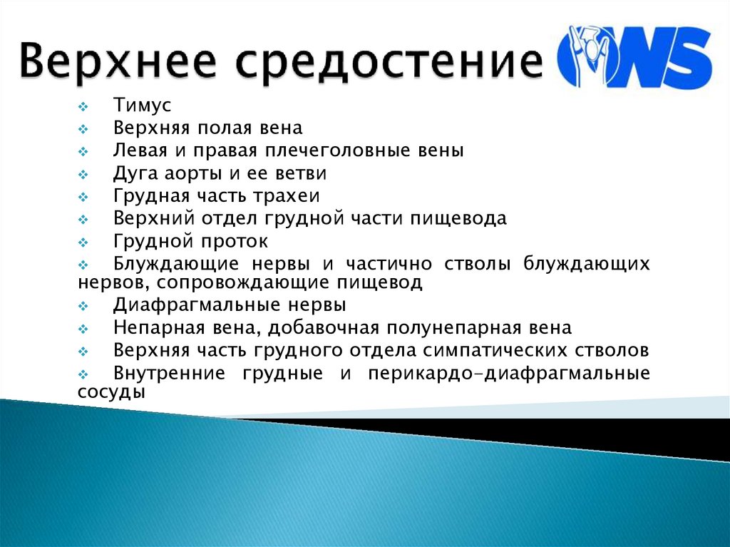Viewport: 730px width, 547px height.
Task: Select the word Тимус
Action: pos(143,106)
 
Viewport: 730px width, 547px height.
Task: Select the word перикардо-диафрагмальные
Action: pos(509,374)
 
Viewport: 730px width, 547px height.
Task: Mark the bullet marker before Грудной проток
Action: pos(81,242)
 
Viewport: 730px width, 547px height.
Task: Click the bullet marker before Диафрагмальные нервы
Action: pos(81,307)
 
